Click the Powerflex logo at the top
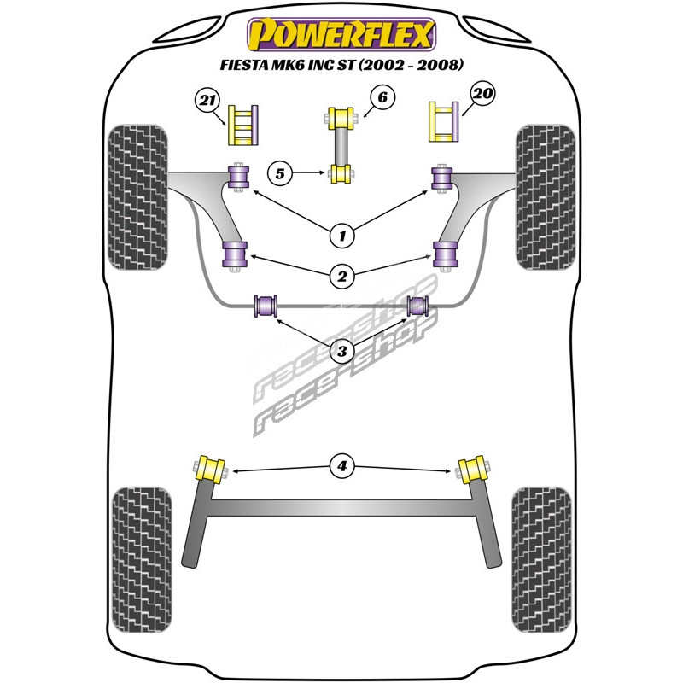pos(341,35)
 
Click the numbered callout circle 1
pos(342,233)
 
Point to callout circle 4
pos(342,466)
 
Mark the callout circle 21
pos(204,102)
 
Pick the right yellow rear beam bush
pos(471,470)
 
